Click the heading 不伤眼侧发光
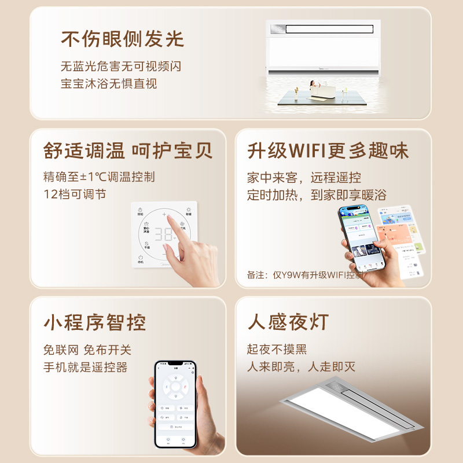click(122, 39)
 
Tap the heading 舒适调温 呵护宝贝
click(128, 150)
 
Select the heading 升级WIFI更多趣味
click(328, 150)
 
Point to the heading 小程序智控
click(94, 322)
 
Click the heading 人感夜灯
click(288, 322)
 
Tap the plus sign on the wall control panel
click(164, 215)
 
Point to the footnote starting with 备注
click(306, 275)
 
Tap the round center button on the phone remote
click(175, 386)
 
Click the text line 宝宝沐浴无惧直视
click(109, 83)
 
